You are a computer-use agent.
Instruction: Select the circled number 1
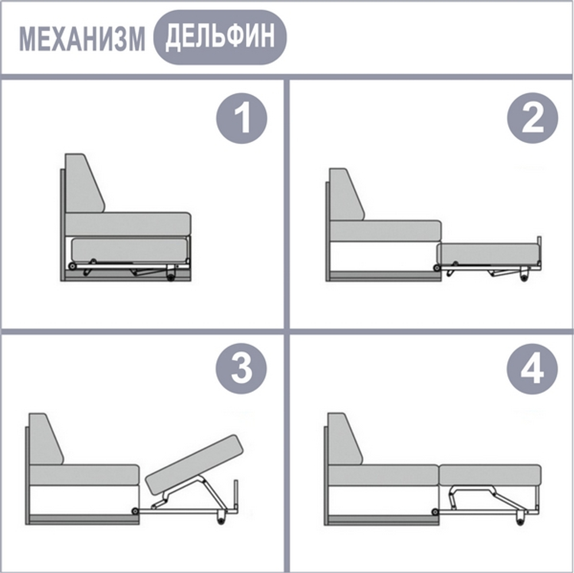[x=242, y=119]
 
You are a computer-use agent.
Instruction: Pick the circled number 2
[x=532, y=119]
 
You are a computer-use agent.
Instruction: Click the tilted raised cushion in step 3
[x=195, y=464]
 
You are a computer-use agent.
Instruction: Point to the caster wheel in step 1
[x=171, y=278]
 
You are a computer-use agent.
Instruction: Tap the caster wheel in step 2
[x=524, y=277]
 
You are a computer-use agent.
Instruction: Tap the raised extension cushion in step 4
[x=490, y=474]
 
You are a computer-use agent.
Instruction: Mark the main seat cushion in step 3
[x=84, y=474]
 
